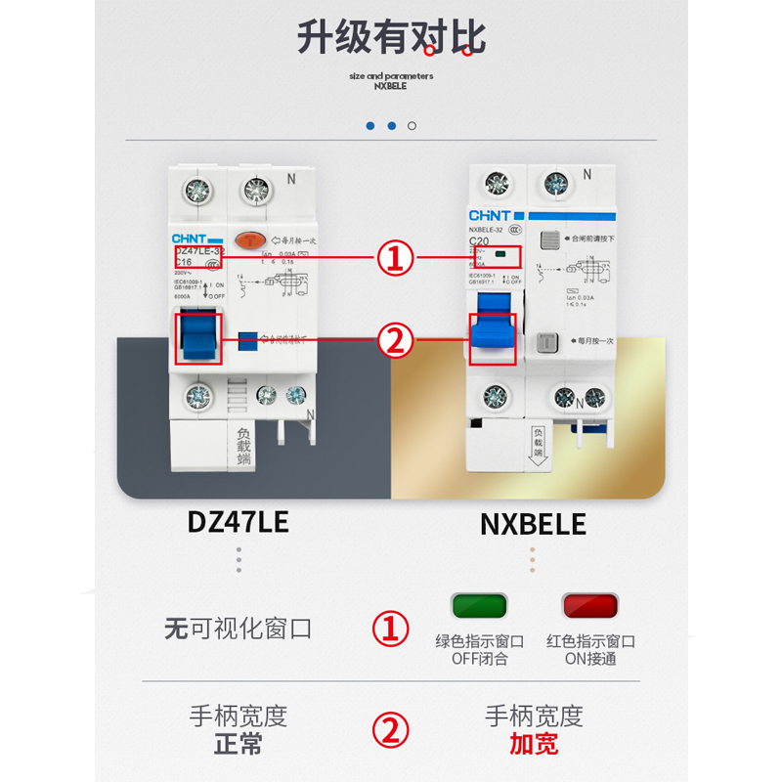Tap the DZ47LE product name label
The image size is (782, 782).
238,522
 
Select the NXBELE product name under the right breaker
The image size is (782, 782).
533,524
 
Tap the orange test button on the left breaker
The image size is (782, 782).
251,239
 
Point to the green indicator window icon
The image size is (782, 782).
479,606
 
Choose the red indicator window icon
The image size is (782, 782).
590,606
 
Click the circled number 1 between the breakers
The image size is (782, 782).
394,260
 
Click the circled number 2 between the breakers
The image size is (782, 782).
394,340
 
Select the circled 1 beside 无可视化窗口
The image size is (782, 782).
394,629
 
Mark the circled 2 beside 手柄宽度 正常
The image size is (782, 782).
394,729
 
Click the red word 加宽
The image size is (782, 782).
534,745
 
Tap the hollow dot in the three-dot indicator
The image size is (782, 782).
413,126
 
